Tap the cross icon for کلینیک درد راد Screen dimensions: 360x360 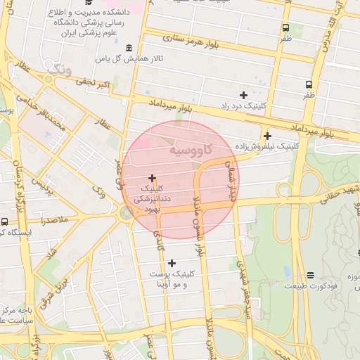(x=243, y=94)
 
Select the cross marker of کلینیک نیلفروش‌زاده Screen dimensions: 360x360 (x=267, y=136)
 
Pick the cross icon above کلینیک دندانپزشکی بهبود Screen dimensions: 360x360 (x=152, y=178)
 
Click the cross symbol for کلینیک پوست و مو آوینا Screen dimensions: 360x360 (x=172, y=263)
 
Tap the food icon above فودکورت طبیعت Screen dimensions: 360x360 (x=311, y=275)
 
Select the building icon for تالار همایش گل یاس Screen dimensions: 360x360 (x=128, y=48)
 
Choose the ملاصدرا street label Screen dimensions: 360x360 (x=52, y=220)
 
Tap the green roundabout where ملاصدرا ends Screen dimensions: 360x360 (x=125, y=213)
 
